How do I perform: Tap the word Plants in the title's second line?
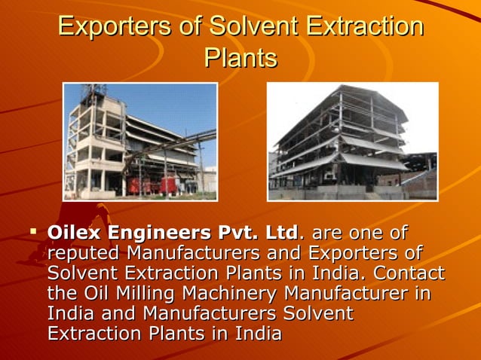click(240, 58)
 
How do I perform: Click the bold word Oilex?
click(75, 232)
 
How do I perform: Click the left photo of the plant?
click(140, 142)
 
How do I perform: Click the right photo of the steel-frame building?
click(353, 142)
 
